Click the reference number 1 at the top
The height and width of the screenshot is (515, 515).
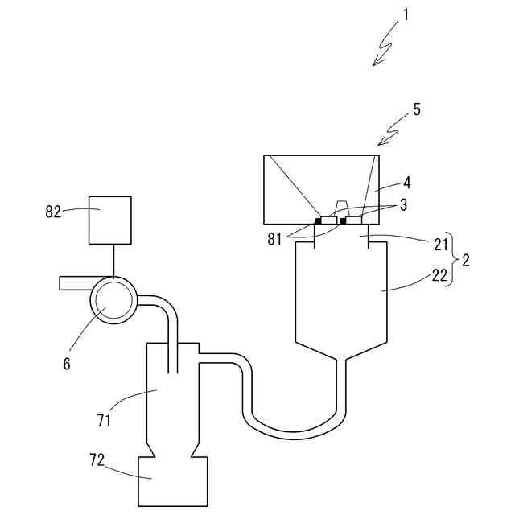coord(407,14)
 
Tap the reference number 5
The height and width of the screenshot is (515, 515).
coord(416,109)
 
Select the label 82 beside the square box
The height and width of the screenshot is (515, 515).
coord(53,212)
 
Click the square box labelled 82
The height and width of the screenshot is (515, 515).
coord(109,220)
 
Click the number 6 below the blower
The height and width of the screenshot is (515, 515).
coord(66,364)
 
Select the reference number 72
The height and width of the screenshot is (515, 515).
coord(98,460)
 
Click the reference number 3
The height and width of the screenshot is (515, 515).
coord(402,204)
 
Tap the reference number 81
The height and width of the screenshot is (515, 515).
coord(276,237)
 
